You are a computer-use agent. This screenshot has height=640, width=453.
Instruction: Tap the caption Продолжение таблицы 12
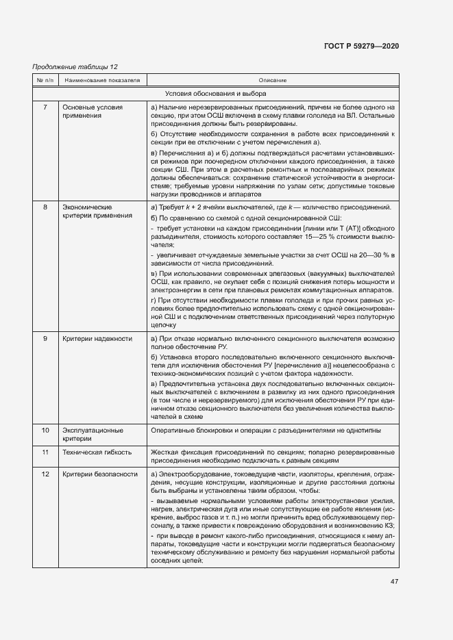[x=75, y=66]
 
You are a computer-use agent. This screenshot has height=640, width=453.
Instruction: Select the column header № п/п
[x=45, y=80]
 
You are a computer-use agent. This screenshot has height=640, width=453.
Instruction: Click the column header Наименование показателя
[x=102, y=80]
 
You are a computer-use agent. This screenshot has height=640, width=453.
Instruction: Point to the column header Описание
[x=273, y=80]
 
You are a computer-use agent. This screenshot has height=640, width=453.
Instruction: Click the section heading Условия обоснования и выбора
[x=216, y=93]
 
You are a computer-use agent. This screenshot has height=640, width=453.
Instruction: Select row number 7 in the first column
[x=45, y=107]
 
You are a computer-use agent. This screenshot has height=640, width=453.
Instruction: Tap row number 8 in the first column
[x=45, y=207]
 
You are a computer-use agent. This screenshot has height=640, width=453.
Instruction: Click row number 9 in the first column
[x=45, y=339]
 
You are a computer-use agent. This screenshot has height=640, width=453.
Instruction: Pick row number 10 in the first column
[x=45, y=431]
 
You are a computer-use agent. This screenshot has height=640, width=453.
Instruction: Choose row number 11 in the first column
[x=45, y=453]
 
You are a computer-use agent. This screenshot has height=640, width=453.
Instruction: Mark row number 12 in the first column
[x=45, y=475]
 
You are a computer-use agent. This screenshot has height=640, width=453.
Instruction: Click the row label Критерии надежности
[x=97, y=339]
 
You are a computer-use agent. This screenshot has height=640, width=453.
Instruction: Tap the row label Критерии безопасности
[x=99, y=475]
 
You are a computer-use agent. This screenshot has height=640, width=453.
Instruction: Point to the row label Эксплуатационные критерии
[x=93, y=435]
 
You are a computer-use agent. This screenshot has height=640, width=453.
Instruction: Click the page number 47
[x=394, y=582]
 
